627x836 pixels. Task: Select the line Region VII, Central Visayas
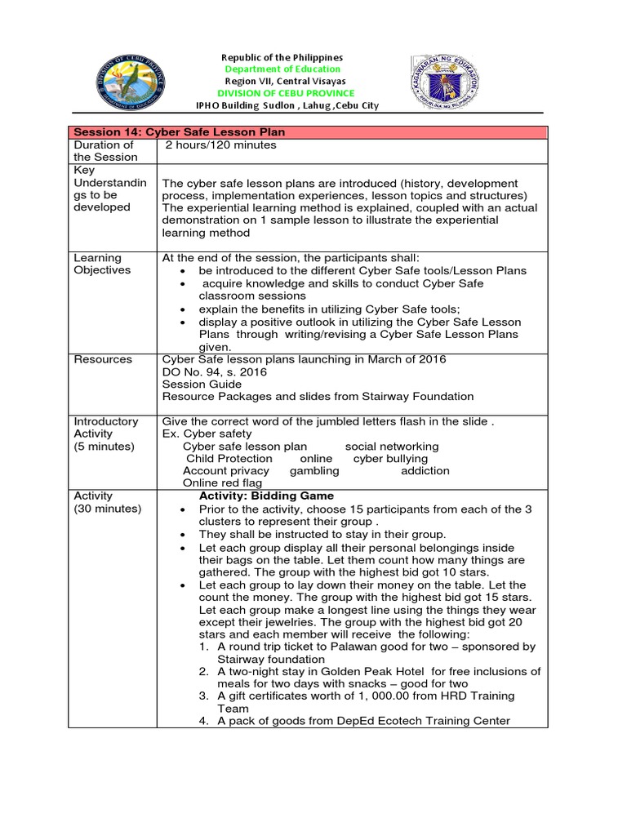[284, 82]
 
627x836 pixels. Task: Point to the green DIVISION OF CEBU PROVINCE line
[284, 94]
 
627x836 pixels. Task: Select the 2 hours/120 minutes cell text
[221, 145]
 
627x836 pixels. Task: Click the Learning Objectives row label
[101, 264]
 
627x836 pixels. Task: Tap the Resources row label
[103, 359]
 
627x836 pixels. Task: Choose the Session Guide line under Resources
[202, 384]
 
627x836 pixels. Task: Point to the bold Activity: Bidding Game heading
[266, 496]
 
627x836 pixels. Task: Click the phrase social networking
[392, 447]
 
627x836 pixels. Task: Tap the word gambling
[314, 471]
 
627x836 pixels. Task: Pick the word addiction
[425, 471]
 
